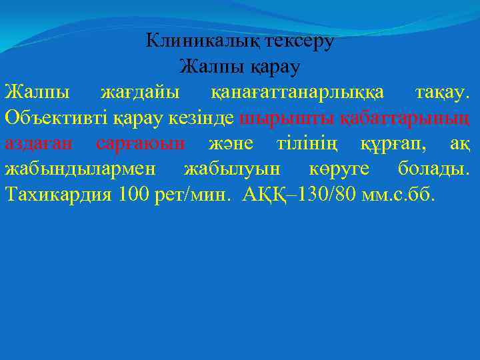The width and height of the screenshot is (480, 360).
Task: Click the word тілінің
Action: [315, 143]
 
